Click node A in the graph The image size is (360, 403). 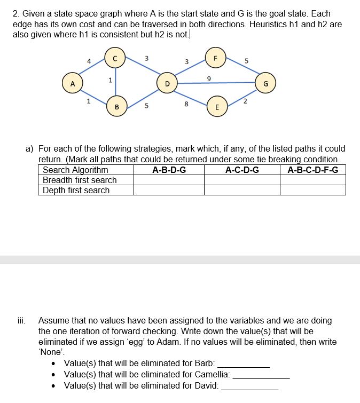click(73, 84)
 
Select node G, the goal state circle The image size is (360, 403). click(265, 84)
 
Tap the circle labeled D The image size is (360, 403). click(167, 84)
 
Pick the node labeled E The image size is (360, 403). click(216, 107)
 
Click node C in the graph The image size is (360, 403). click(115, 58)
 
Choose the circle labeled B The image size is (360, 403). click(116, 107)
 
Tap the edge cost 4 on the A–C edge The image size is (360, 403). click(89, 62)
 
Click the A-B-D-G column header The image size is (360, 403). click(169, 170)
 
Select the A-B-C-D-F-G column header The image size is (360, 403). click(313, 170)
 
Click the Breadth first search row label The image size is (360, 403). click(80, 180)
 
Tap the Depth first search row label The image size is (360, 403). click(76, 191)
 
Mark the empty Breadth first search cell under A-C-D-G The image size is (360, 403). click(242, 180)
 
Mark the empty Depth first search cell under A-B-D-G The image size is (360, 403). click(169, 191)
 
